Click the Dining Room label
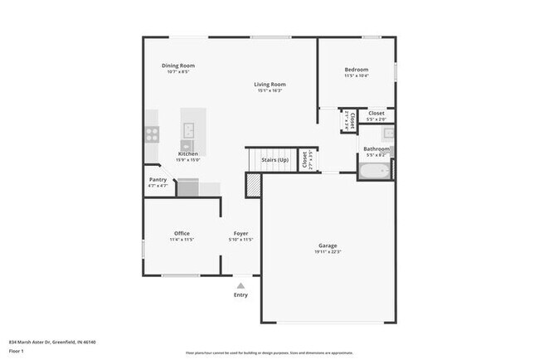(x=177, y=66)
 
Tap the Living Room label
(x=269, y=84)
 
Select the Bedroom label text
(x=357, y=70)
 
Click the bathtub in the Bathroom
(x=374, y=172)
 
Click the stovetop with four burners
(x=153, y=132)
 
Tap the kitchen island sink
(x=188, y=129)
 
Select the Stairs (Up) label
(x=274, y=159)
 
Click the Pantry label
(x=158, y=179)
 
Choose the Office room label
(x=182, y=233)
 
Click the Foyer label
(x=240, y=233)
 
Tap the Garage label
(x=328, y=246)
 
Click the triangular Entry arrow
(x=240, y=285)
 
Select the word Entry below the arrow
(x=240, y=294)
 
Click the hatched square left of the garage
(x=252, y=185)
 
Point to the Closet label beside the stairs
(x=306, y=158)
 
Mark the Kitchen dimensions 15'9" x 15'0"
(x=187, y=160)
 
